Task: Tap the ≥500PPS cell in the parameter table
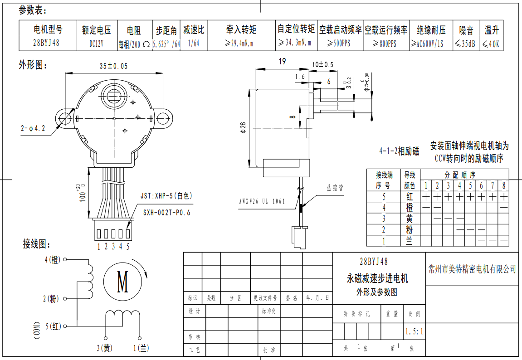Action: [x=340, y=44]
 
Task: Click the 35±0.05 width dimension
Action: [x=114, y=66]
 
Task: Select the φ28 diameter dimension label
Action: [x=244, y=128]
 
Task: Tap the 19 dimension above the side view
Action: [x=282, y=62]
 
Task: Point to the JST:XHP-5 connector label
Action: [x=167, y=196]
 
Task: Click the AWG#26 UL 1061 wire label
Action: [x=262, y=201]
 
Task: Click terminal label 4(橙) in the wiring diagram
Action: [x=53, y=260]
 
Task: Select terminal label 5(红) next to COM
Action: [x=54, y=326]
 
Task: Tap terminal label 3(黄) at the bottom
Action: [x=105, y=348]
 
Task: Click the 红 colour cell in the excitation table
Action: [x=409, y=197]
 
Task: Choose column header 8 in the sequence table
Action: [x=503, y=185]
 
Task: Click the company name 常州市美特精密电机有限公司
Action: [x=472, y=269]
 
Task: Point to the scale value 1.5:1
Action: [x=415, y=331]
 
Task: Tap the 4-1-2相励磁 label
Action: [x=399, y=151]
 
